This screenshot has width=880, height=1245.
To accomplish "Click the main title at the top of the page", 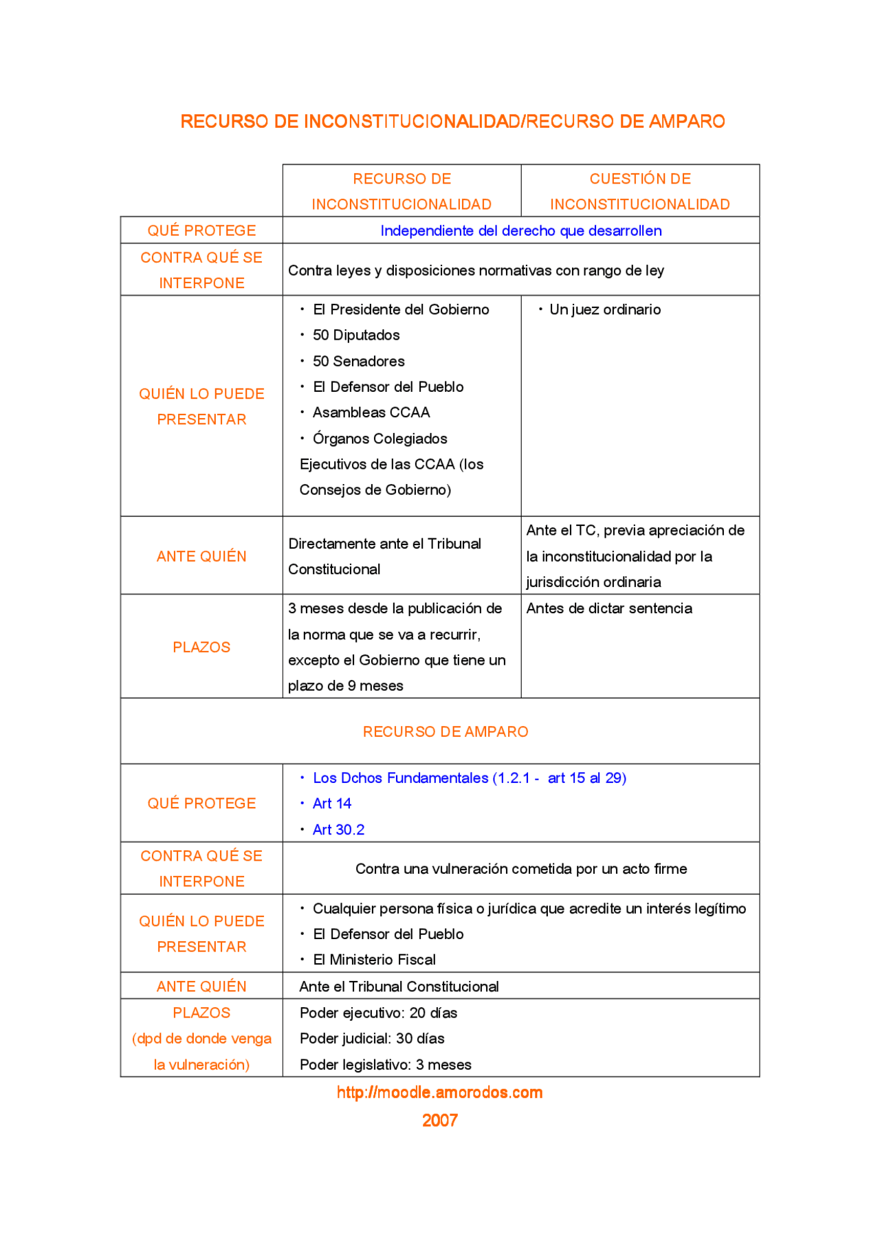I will (x=452, y=122).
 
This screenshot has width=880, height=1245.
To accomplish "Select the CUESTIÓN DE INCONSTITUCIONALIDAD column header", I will (x=640, y=191).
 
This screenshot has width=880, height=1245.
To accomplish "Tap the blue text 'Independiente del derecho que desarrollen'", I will (x=520, y=231).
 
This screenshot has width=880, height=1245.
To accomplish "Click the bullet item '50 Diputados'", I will (x=356, y=335).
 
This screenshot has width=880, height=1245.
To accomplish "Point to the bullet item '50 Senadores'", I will (x=358, y=362).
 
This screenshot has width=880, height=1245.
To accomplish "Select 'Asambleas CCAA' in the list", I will (x=371, y=412).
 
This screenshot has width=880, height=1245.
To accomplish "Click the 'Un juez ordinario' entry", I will (x=605, y=310).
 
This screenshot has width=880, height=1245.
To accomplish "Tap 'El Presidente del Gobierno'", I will (x=401, y=310).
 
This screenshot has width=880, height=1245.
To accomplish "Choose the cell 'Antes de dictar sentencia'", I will (x=609, y=608).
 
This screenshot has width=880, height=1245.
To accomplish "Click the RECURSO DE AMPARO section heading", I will (x=445, y=731).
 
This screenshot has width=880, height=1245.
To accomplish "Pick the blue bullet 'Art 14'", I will (x=332, y=804).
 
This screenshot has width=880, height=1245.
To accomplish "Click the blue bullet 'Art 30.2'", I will (x=338, y=830).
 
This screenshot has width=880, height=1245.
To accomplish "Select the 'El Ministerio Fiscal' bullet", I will (x=374, y=960).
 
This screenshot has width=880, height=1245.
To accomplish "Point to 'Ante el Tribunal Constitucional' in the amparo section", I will (x=399, y=987).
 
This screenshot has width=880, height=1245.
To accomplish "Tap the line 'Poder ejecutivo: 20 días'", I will (x=378, y=1013).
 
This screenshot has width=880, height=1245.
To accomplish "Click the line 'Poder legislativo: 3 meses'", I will (x=385, y=1065).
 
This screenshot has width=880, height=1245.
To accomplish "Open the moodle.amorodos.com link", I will (x=439, y=1092).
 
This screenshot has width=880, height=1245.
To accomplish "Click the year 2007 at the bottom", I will (x=439, y=1121).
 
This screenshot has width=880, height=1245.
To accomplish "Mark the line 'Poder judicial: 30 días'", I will (x=372, y=1039).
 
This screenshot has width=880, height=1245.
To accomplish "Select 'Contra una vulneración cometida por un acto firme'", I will (x=521, y=869).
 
